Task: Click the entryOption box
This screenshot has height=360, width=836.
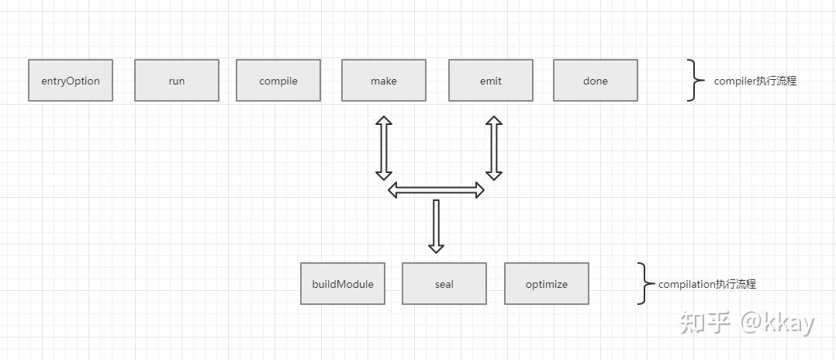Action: pos(71,80)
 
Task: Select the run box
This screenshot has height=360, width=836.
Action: pos(177,80)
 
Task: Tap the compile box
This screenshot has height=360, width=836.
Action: pos(278,80)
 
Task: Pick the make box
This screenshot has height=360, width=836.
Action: pos(384,80)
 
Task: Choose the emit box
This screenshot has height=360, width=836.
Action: pos(490,80)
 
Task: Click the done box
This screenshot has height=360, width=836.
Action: pos(596,80)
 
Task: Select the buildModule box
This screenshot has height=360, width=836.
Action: pos(343,283)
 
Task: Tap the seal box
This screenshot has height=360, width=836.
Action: pos(444,283)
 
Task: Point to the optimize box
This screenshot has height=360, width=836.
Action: pos(547,283)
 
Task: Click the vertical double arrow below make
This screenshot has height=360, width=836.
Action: pos(384,147)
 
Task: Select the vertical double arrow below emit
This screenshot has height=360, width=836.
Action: pos(494,147)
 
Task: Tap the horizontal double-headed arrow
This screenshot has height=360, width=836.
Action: pos(436,190)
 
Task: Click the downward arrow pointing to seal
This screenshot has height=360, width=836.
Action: pos(436,226)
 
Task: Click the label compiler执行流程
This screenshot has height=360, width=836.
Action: pos(755,81)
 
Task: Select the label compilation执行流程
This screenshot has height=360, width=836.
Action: pos(707,284)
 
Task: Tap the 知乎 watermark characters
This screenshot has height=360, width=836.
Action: pos(704,324)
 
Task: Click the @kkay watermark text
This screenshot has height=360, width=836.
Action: pos(777,324)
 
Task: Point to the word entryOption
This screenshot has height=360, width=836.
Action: pos(71,81)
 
